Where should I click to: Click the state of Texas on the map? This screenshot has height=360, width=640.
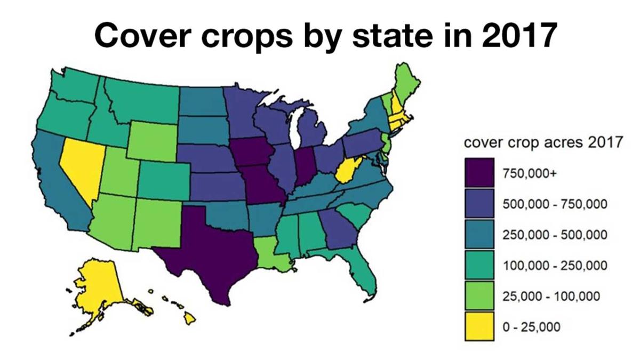213,251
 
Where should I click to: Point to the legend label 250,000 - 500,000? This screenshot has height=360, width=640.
555,235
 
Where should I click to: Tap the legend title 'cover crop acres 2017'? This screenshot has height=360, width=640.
543,143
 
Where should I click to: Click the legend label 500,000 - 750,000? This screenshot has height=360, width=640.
555,204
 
